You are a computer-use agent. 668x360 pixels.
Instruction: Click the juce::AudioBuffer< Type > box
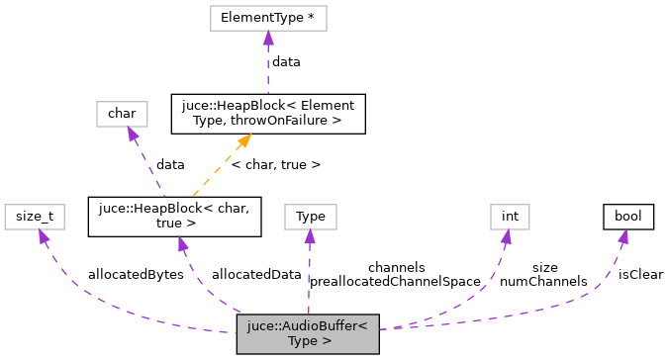click(x=307, y=333)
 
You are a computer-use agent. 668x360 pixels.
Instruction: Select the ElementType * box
click(x=266, y=18)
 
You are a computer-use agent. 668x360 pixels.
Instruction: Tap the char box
click(x=121, y=114)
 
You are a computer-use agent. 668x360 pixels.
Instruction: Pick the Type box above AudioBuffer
click(x=310, y=216)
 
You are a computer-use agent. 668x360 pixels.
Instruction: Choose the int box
click(x=504, y=216)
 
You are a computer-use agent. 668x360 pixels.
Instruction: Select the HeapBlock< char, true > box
click(x=174, y=216)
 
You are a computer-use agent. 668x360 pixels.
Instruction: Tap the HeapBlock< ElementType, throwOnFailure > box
click(x=268, y=114)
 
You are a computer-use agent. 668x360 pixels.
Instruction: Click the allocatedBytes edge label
click(x=136, y=274)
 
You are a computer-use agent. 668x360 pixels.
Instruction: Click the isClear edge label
click(x=640, y=274)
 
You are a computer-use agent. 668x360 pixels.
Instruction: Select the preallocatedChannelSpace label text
click(x=395, y=281)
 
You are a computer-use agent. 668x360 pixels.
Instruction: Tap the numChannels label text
click(x=543, y=281)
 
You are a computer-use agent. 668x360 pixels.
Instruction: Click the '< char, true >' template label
click(x=275, y=164)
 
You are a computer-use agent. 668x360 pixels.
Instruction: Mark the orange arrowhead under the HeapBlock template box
click(x=243, y=140)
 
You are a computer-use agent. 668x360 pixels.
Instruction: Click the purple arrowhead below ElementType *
click(x=266, y=38)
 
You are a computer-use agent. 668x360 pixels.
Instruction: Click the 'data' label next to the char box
click(x=171, y=164)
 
